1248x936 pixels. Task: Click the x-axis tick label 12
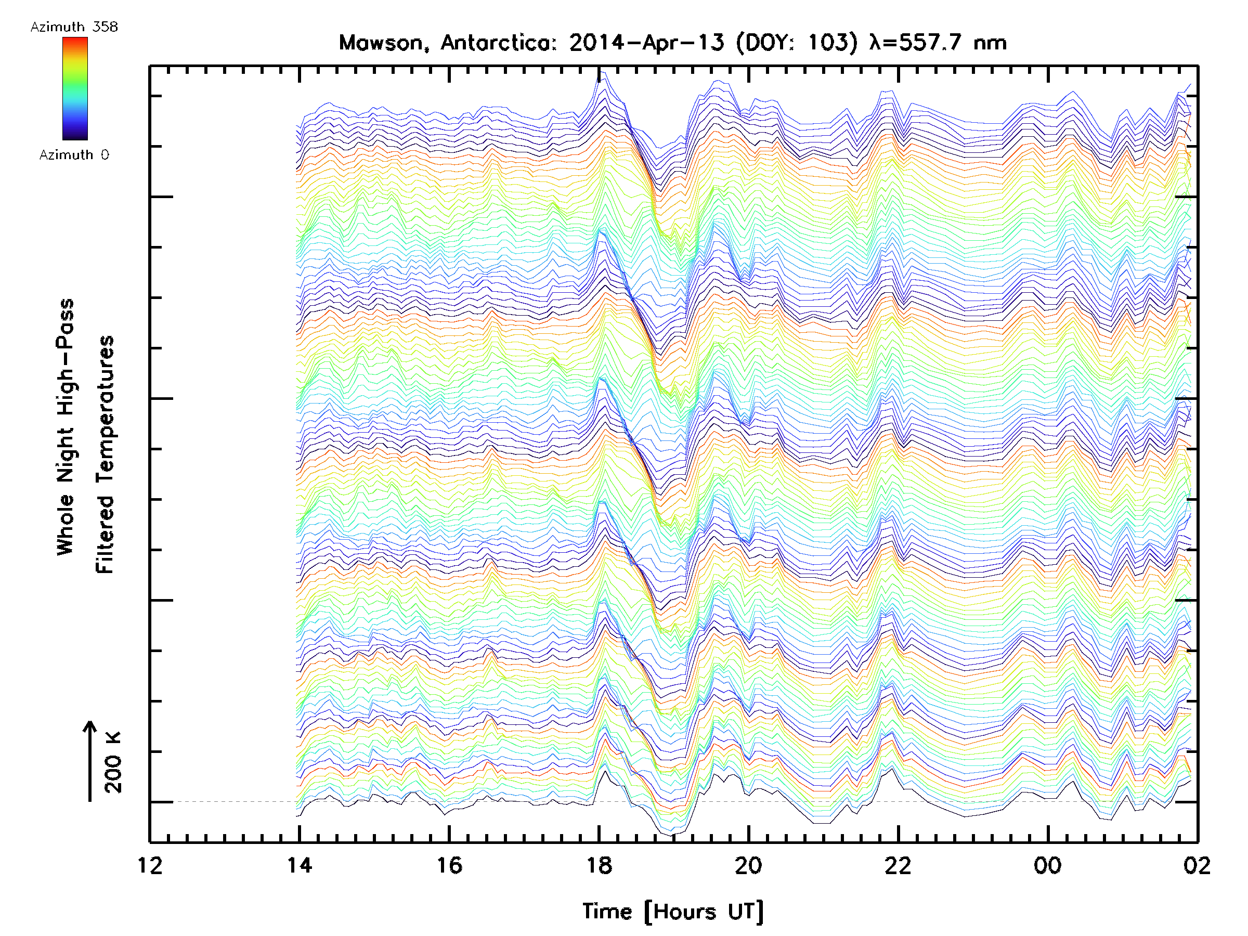[150, 865]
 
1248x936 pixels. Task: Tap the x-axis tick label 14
[300, 865]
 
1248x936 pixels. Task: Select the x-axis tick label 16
[449, 865]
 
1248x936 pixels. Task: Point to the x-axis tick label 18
[599, 865]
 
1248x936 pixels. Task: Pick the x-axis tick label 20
[749, 865]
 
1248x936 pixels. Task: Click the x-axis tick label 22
[898, 865]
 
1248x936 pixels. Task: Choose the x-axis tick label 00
[1048, 865]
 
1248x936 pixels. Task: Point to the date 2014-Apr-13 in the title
[646, 43]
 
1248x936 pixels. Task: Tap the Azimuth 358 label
[74, 27]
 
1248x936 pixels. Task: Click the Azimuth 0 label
[74, 154]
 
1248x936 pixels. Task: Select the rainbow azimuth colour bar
[75, 88]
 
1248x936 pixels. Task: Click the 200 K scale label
[113, 762]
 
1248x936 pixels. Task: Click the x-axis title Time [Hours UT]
[673, 912]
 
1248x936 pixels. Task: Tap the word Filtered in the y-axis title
[105, 535]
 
